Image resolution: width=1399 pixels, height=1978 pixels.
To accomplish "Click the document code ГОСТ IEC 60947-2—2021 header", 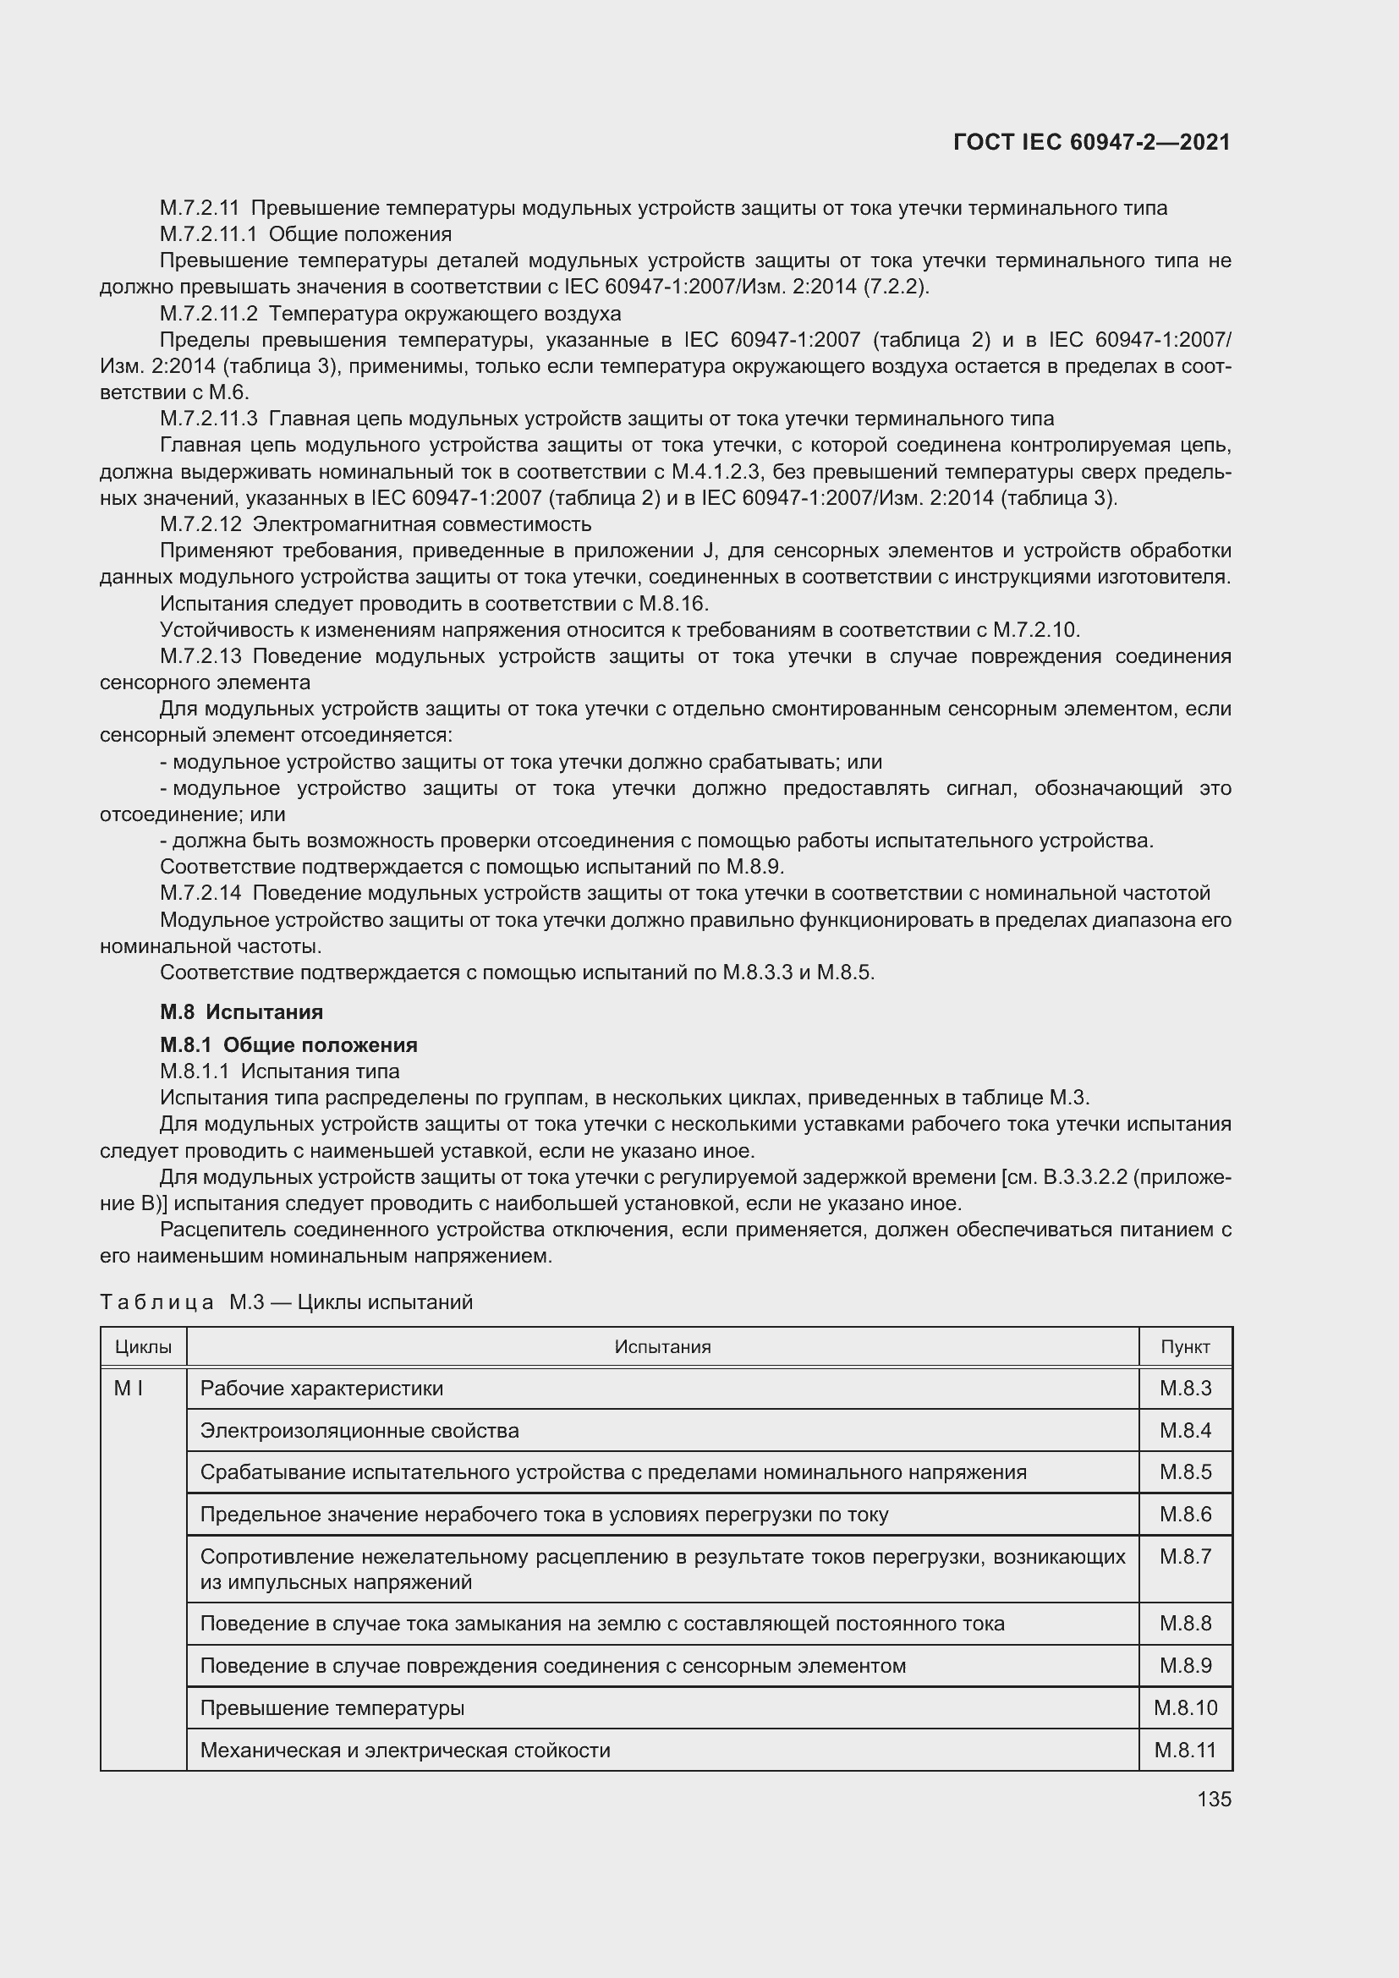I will point(1091,142).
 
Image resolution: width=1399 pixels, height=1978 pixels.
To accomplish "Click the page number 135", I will point(1214,1799).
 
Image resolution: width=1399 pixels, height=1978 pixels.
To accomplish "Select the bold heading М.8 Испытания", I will point(241,1011).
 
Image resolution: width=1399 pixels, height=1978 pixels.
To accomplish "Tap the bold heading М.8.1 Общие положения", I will point(288,1045).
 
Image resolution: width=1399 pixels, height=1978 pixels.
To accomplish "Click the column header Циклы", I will point(143,1346).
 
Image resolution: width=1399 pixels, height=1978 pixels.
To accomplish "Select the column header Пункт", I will point(1184,1346).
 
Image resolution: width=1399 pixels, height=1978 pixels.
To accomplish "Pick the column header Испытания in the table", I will point(662,1346).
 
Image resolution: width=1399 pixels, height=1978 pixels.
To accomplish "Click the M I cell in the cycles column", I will point(129,1388).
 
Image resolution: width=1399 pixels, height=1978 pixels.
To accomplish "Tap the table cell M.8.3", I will point(1185,1388).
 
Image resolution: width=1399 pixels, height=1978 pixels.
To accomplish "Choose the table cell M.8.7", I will point(1185,1556).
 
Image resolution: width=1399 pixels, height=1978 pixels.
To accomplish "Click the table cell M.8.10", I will point(1185,1707).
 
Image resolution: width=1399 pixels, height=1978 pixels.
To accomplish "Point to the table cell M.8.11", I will point(1185,1750).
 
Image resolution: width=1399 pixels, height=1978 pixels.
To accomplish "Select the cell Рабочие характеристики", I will point(321,1388).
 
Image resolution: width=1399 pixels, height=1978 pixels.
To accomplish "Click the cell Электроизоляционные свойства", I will point(359,1430).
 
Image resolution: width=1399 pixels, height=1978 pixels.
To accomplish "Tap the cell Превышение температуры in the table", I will point(332,1707).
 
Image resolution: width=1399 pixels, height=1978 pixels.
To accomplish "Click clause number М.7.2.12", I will point(200,523).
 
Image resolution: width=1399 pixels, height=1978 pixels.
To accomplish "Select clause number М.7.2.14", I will point(200,892).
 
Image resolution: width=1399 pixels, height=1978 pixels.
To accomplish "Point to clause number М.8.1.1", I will point(195,1071).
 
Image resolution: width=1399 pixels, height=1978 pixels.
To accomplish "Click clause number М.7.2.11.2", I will point(208,313).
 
